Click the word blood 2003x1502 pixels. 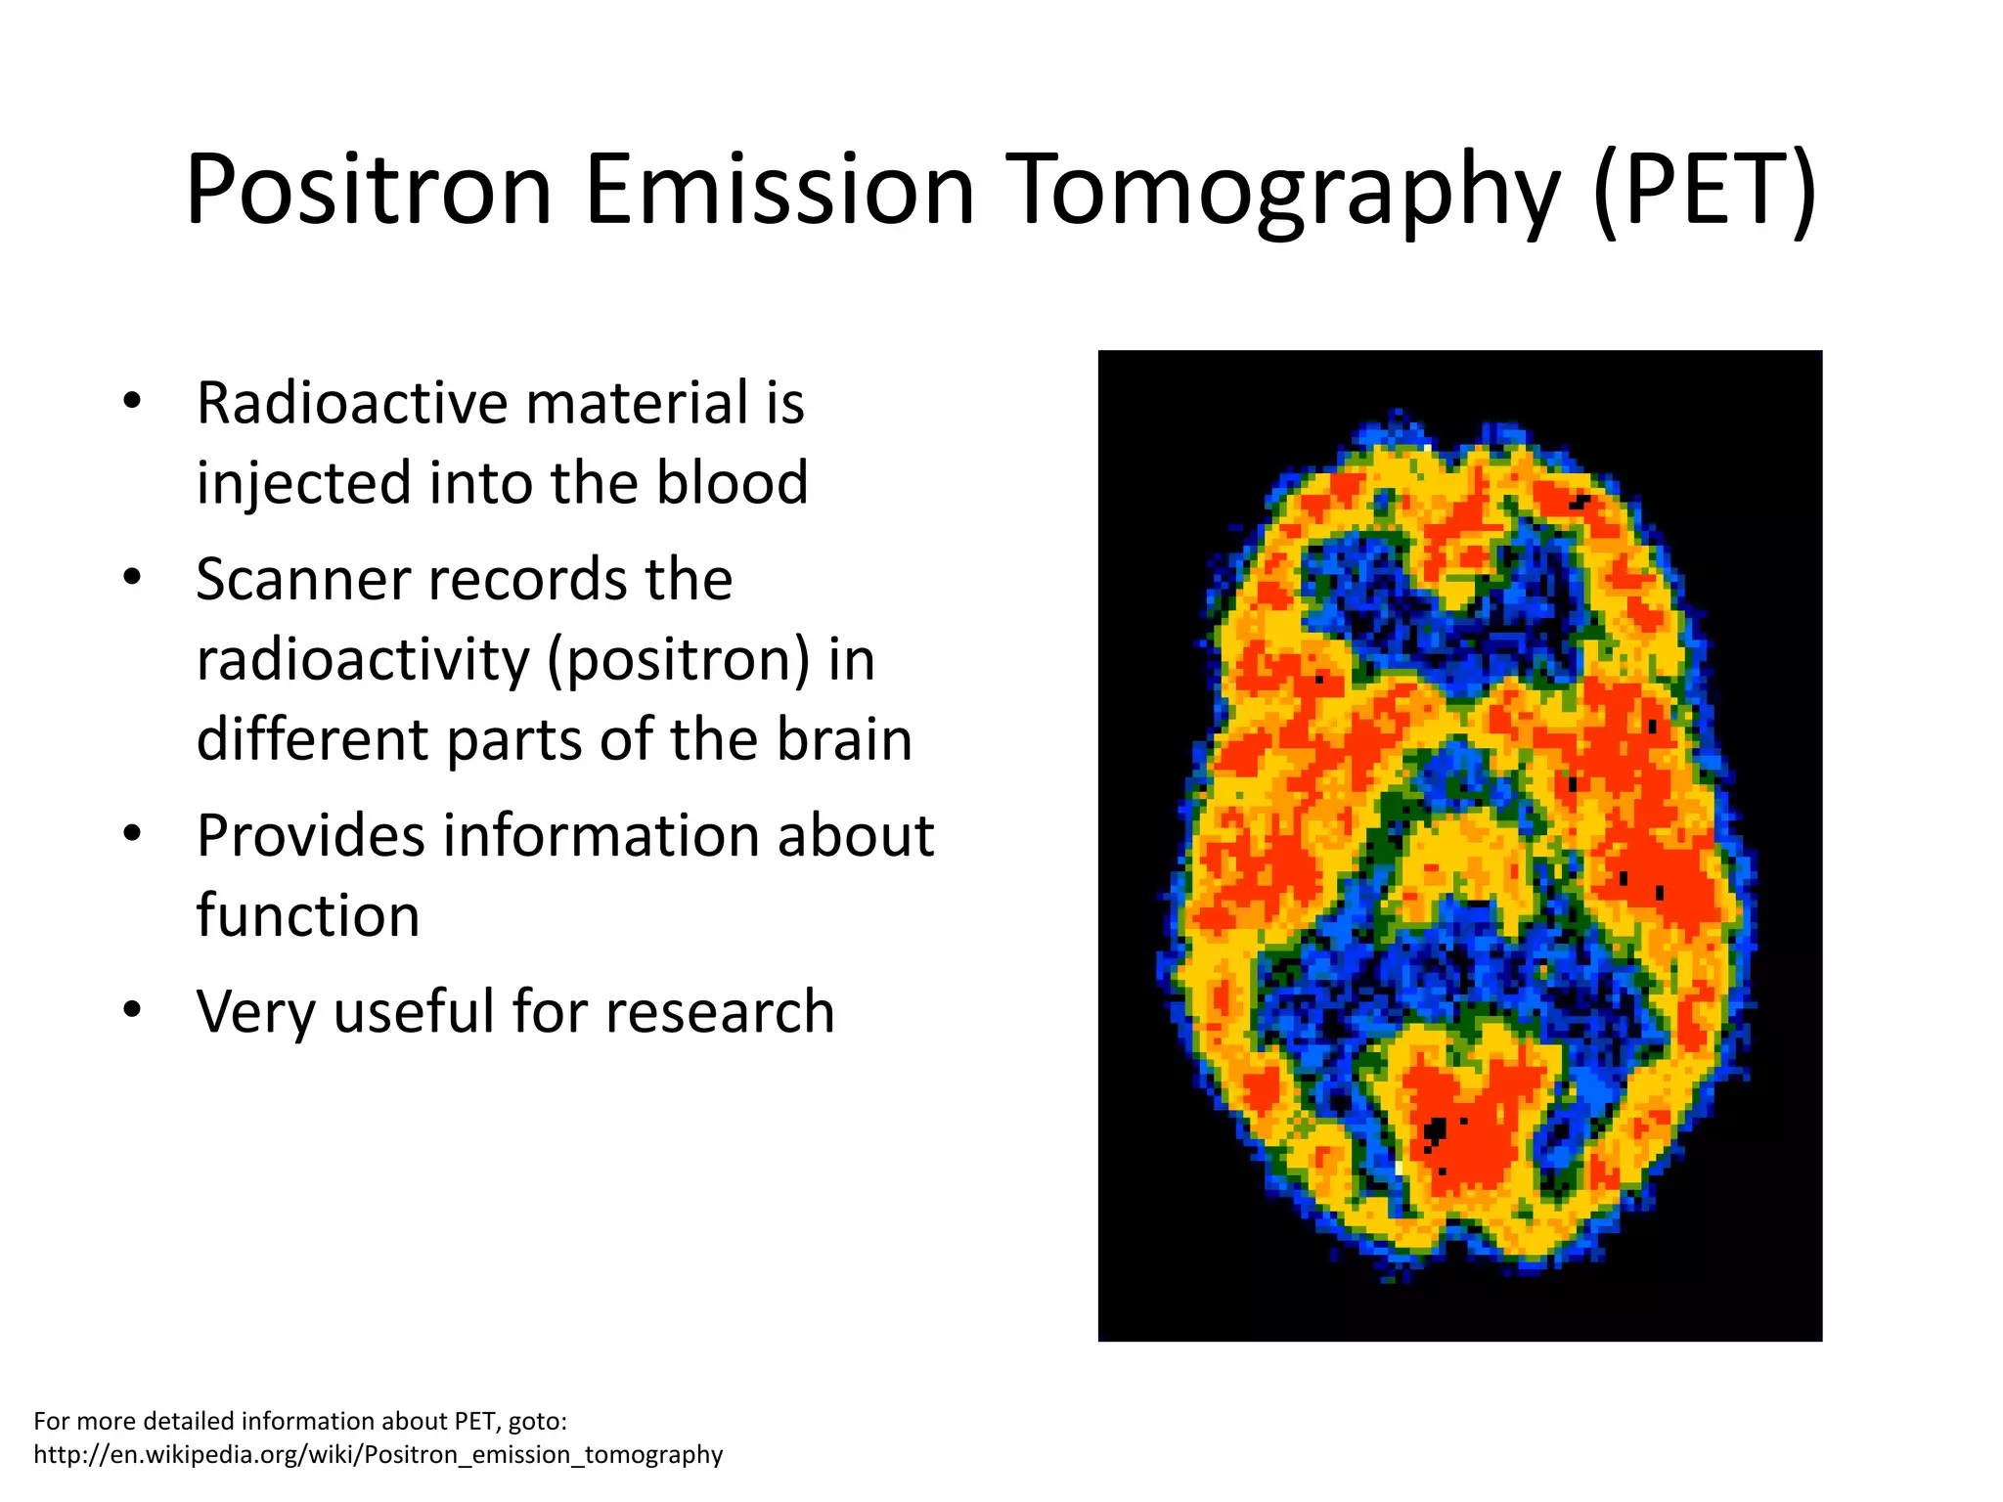[732, 483]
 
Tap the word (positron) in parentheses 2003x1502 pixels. [678, 661]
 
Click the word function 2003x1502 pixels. [308, 916]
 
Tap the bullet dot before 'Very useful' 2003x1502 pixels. [133, 1009]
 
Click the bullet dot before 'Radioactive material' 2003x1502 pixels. [133, 401]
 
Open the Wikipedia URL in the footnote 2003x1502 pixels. [378, 1454]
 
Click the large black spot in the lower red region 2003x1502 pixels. [1435, 1132]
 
